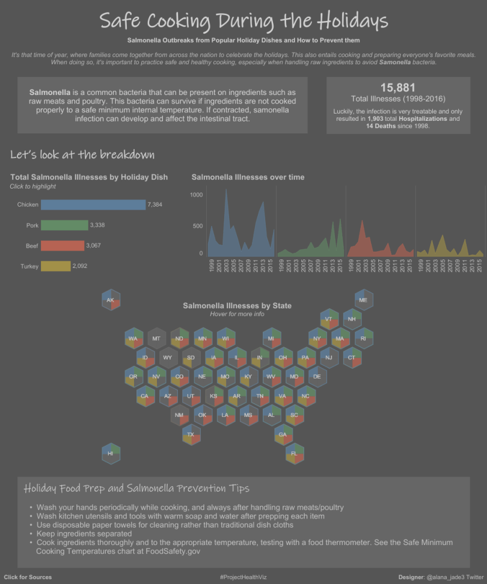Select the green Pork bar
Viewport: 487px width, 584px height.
(64, 225)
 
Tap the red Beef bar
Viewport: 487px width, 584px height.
(63, 246)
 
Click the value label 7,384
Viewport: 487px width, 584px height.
(155, 205)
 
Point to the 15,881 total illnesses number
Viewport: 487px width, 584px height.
(397, 88)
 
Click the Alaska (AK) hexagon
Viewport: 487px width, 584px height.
(111, 300)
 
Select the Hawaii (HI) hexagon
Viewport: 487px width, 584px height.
(111, 454)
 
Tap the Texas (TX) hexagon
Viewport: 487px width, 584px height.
(191, 434)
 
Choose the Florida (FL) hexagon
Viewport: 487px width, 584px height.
(295, 454)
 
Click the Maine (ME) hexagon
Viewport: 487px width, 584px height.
(363, 300)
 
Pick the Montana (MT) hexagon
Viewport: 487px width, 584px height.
(156, 339)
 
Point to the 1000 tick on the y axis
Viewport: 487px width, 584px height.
(197, 195)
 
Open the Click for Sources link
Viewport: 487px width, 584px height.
(28, 577)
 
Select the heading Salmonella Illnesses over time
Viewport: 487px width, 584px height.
(248, 177)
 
